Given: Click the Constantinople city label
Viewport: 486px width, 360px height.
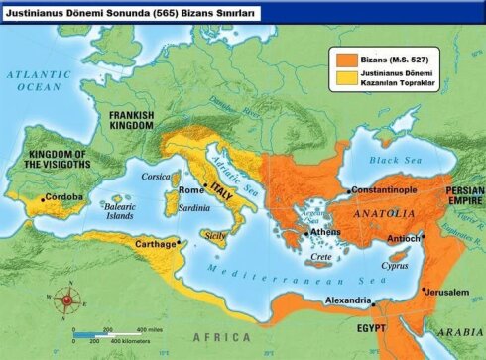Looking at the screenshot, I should [x=394, y=189].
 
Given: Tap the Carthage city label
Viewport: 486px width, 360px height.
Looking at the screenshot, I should [x=153, y=243].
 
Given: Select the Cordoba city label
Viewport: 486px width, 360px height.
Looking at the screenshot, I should [x=64, y=198].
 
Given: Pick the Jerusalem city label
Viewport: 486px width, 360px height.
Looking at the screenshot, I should [x=445, y=291].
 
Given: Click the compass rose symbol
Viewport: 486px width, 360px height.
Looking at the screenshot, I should [x=67, y=300].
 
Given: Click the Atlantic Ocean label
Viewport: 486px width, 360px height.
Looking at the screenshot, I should [x=34, y=80].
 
